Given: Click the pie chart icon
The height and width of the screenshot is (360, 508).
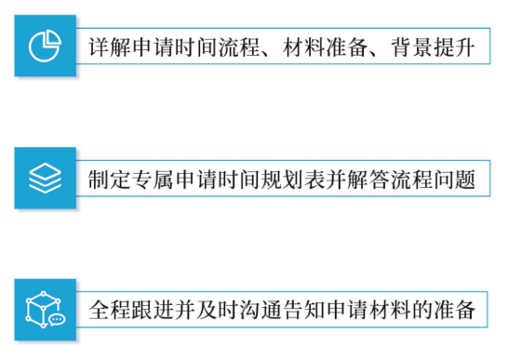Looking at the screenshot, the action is (x=45, y=46).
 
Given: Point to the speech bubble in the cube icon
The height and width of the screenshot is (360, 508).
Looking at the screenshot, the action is (x=56, y=318).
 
